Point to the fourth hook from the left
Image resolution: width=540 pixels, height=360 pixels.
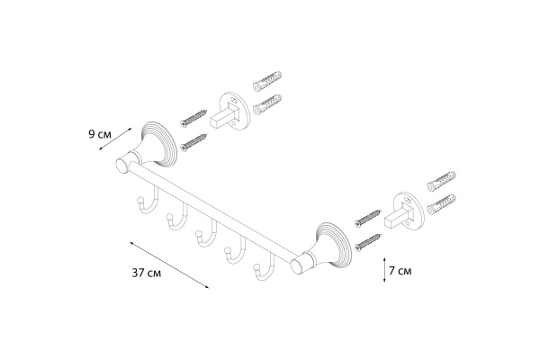coord(233,252)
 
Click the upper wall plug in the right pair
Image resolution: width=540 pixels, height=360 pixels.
coord(444,184)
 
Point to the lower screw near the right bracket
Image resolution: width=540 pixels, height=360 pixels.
coord(369,238)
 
